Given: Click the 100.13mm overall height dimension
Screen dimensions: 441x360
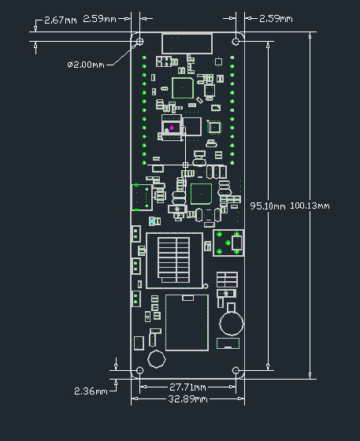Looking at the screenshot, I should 310,206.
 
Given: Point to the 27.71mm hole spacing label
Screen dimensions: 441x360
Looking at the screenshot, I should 188,387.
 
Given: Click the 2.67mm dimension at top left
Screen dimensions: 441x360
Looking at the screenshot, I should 60,19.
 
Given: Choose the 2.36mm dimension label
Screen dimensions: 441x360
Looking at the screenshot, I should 90,391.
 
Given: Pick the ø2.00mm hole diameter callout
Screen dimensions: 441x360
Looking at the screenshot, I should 86,64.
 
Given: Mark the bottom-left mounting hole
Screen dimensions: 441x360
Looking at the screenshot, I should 140,370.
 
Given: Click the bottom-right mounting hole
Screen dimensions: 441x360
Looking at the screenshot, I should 236,370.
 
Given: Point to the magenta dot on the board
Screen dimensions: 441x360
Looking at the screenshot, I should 172,128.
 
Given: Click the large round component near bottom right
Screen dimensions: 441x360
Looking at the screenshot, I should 232,321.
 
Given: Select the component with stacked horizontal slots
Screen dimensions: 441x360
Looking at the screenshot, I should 174,258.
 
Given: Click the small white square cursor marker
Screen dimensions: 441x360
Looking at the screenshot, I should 186,164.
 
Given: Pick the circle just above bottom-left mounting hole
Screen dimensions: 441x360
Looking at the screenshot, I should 156,359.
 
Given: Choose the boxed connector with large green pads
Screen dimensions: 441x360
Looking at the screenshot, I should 228,243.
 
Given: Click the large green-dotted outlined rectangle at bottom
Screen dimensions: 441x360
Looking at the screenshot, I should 186,322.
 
